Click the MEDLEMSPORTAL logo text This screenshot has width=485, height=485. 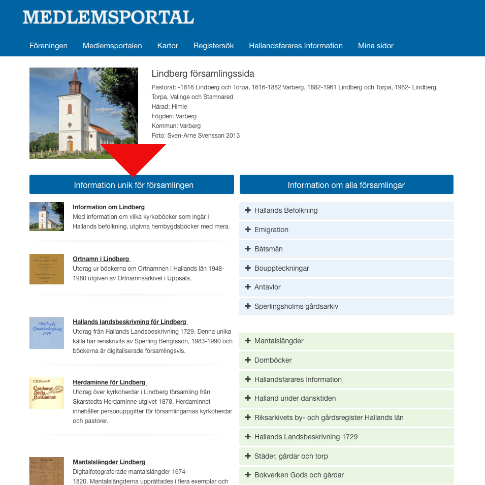(x=108, y=17)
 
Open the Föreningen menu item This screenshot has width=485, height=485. (x=48, y=46)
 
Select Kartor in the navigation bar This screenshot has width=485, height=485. (x=168, y=46)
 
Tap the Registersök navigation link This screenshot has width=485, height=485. (x=213, y=46)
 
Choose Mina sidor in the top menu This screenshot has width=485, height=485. (x=375, y=46)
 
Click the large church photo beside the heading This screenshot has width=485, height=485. (x=84, y=113)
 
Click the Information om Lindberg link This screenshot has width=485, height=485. (x=109, y=207)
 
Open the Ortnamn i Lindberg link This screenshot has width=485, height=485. (x=101, y=259)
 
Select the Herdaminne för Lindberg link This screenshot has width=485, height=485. (x=109, y=382)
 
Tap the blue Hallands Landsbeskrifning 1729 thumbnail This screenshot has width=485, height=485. (x=47, y=333)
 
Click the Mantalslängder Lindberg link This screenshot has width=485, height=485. (x=109, y=462)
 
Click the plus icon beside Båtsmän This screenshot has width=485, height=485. (x=248, y=249)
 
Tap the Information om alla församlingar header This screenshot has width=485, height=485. (x=346, y=185)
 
